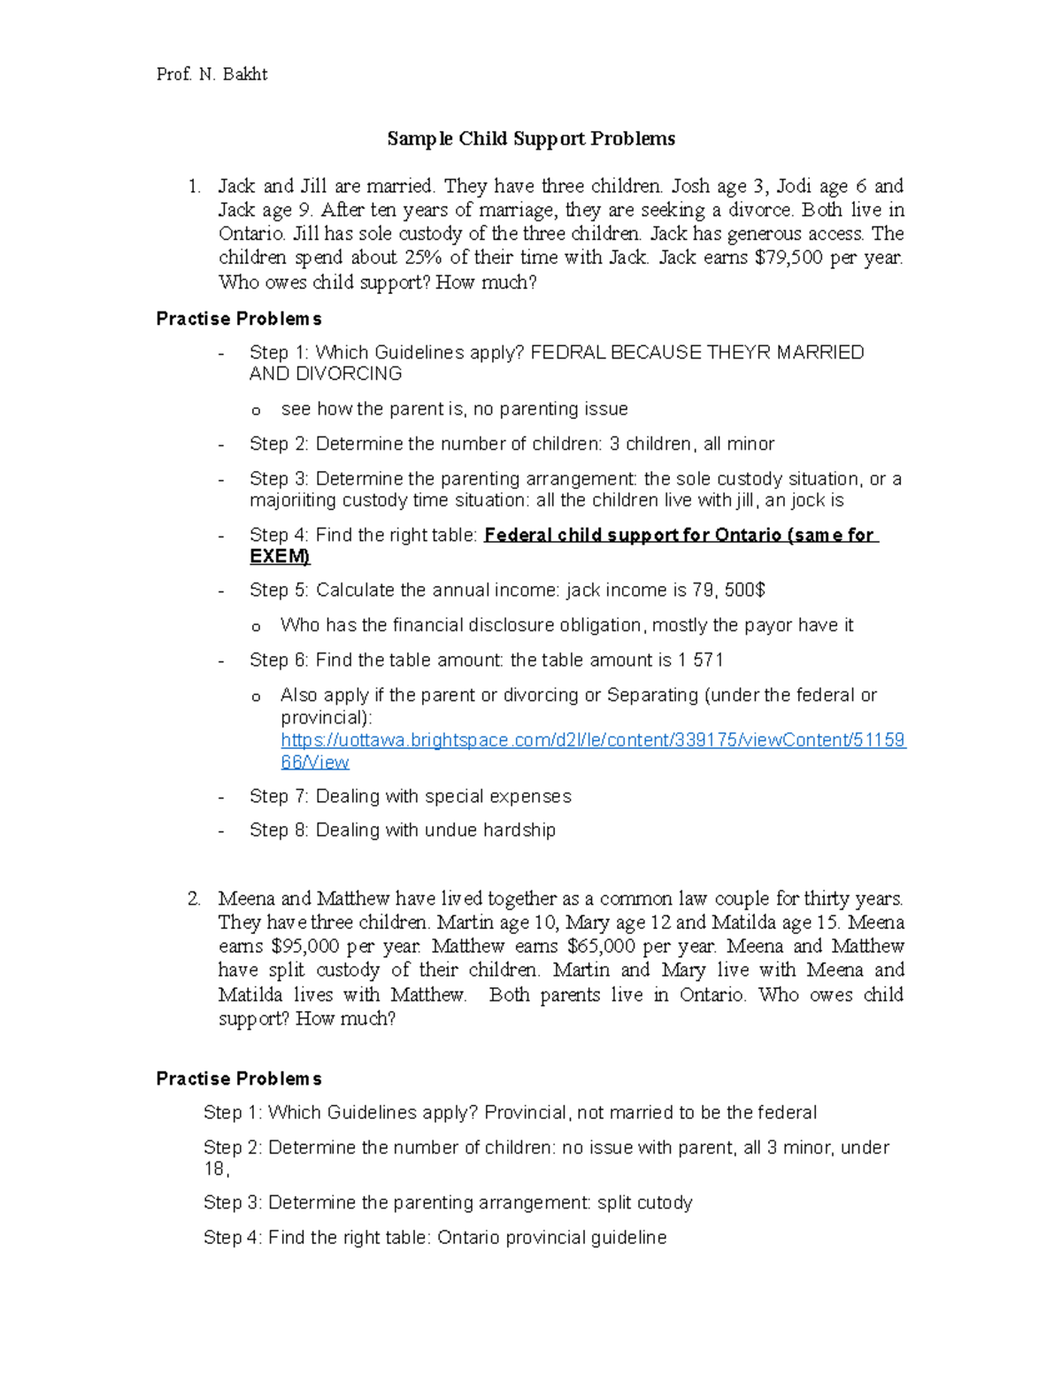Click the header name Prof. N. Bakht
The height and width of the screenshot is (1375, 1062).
(x=212, y=74)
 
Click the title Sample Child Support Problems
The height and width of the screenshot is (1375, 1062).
(x=531, y=139)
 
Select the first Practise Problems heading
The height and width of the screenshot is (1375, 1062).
(x=239, y=319)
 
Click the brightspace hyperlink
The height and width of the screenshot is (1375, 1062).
(x=592, y=740)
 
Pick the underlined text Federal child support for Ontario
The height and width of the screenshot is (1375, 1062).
(x=632, y=536)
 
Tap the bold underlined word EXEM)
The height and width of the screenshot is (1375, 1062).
(x=280, y=557)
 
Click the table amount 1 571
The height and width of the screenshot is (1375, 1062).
(x=701, y=660)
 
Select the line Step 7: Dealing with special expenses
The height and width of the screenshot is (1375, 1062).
(x=410, y=797)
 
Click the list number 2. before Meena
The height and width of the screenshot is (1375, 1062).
(x=194, y=899)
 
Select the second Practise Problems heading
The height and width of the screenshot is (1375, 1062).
(x=239, y=1079)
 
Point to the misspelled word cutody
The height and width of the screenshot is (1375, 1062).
(x=658, y=1203)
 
